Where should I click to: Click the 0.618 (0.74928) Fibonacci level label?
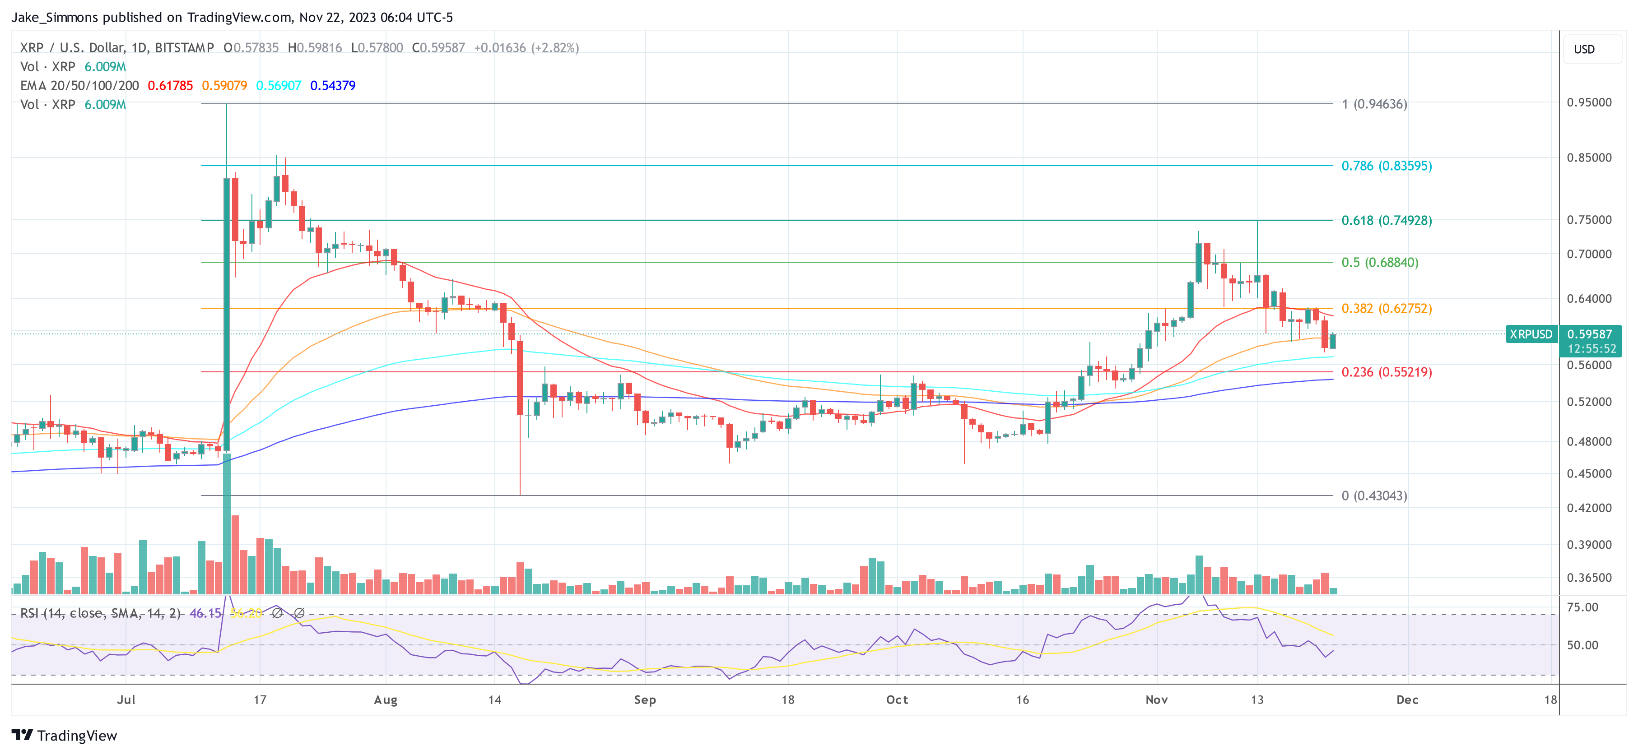tap(1386, 221)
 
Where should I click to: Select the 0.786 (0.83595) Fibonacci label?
tap(1386, 166)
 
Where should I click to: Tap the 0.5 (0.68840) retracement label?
tap(1379, 263)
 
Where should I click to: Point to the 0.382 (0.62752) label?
tap(1386, 308)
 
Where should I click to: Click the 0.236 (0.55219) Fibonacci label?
tap(1386, 372)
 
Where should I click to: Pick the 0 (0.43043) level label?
tap(1373, 496)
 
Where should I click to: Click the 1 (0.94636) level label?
tap(1373, 104)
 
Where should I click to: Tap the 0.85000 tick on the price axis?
tap(1588, 157)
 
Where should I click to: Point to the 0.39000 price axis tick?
tap(1588, 545)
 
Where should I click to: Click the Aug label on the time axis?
tap(385, 699)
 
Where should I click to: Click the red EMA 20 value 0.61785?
tap(170, 86)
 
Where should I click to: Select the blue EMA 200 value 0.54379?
tap(333, 86)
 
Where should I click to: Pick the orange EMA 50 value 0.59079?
tap(224, 86)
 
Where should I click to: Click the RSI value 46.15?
tap(205, 613)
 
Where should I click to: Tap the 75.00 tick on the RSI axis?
tap(1582, 607)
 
